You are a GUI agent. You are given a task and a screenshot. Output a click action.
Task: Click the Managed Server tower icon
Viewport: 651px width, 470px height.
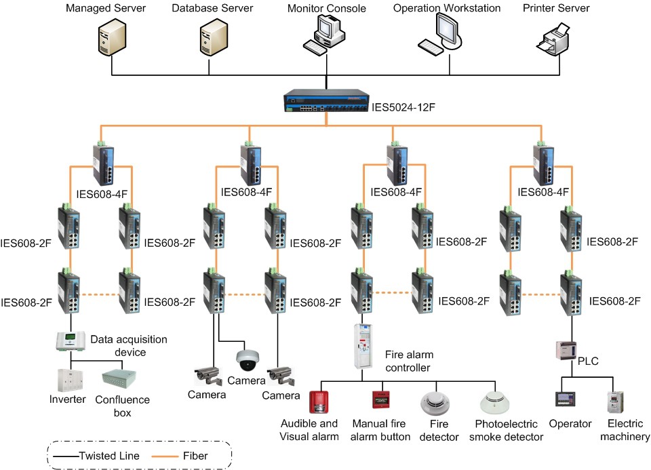click(110, 38)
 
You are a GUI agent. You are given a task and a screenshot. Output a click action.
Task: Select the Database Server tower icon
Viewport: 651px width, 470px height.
click(212, 38)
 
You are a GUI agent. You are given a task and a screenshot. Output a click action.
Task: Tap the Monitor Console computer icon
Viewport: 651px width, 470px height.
click(325, 36)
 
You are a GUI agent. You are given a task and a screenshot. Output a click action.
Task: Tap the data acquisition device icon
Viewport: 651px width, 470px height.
click(70, 340)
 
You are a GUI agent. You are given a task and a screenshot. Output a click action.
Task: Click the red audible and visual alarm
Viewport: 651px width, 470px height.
click(318, 402)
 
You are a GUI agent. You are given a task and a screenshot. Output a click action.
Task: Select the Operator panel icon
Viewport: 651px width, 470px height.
click(564, 400)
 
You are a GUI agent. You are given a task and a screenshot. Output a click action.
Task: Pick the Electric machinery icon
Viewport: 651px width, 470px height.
click(615, 402)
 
